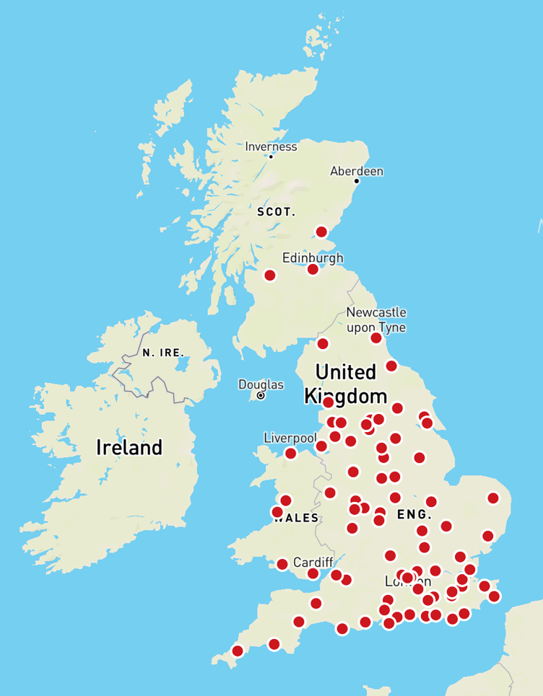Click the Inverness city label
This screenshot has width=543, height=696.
[271, 146]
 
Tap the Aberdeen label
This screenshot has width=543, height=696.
[357, 171]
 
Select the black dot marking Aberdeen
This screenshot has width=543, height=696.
[357, 181]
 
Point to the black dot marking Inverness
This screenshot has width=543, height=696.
[271, 157]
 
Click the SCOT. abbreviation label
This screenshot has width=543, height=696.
[277, 212]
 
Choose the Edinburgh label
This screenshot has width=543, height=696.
[313, 257]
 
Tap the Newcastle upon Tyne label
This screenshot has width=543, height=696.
[376, 320]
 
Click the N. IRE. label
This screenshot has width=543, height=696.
[163, 353]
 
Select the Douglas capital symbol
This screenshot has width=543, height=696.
[261, 396]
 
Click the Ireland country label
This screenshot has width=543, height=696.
[129, 447]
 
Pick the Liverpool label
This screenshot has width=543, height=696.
[290, 438]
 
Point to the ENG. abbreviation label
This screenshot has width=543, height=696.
[414, 515]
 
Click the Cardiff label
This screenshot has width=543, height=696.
[313, 562]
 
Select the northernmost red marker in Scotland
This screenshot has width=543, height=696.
[322, 232]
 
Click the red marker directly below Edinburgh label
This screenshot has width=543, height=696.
[313, 269]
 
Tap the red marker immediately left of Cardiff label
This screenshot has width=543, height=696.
[282, 564]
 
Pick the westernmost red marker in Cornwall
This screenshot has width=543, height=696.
[238, 651]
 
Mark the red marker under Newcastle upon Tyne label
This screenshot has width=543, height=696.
[376, 338]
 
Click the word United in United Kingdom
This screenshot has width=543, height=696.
[346, 372]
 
